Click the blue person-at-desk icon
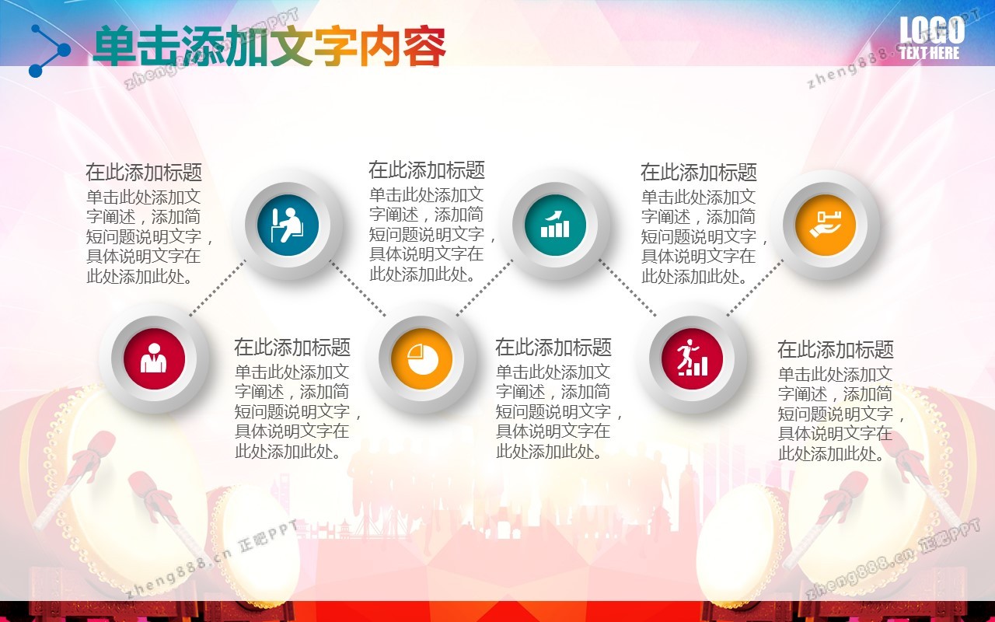[x=288, y=225]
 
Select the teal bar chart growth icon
[x=555, y=225]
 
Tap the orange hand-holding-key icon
[x=826, y=225]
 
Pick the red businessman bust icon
[x=154, y=358]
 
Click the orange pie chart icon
[x=421, y=358]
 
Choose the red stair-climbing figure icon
[x=692, y=358]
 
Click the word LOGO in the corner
[x=932, y=30]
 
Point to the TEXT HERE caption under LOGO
[x=930, y=53]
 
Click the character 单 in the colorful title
[x=114, y=46]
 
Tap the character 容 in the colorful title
[x=424, y=46]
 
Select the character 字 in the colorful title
[x=336, y=46]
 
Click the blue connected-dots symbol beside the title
[x=49, y=51]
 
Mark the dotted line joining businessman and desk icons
[x=217, y=288]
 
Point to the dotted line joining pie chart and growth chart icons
[x=484, y=288]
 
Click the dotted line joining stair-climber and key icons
[x=755, y=288]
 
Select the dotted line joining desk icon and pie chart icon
[x=358, y=288]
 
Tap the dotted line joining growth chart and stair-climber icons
[x=627, y=288]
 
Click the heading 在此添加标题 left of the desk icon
[x=144, y=173]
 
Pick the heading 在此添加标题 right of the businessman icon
[x=292, y=348]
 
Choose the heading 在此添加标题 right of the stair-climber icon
[x=835, y=350]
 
